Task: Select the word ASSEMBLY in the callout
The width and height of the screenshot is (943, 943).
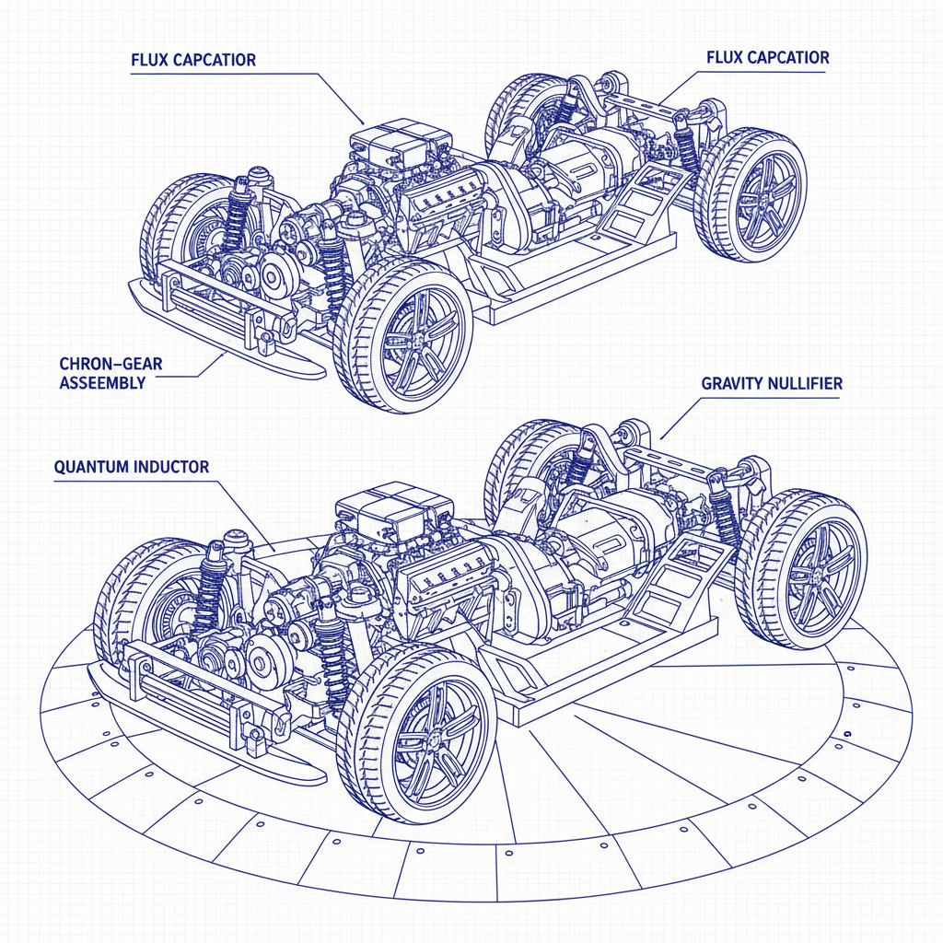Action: [102, 382]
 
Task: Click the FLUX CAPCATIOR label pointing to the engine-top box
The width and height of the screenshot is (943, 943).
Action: [193, 61]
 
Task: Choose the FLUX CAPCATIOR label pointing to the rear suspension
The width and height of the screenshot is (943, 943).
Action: [767, 57]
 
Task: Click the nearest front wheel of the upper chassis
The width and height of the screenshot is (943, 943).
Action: [402, 336]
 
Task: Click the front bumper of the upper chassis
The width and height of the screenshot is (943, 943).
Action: [221, 318]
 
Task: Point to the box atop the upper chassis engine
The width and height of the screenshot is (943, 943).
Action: [398, 143]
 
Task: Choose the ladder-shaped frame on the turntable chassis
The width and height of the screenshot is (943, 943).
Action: [677, 580]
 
